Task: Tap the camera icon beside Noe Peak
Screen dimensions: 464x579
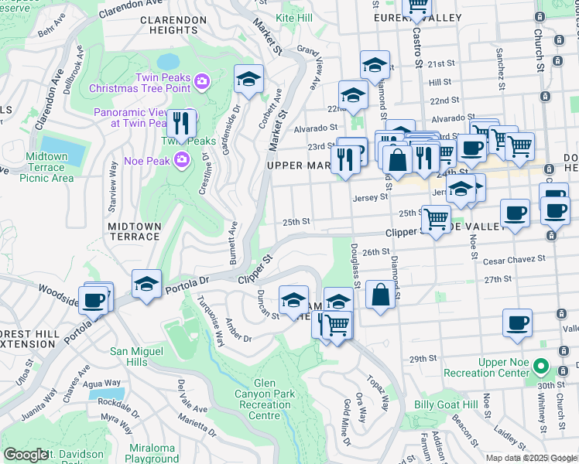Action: [182, 160]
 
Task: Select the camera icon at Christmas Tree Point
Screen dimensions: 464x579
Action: [202, 81]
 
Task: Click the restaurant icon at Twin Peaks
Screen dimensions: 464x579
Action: [180, 125]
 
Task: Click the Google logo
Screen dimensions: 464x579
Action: [26, 455]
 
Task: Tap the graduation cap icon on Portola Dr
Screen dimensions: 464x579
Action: [146, 284]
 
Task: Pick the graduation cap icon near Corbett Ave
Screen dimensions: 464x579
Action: [248, 79]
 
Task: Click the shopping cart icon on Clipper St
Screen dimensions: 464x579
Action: [436, 220]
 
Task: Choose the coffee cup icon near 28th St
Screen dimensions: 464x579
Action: [517, 322]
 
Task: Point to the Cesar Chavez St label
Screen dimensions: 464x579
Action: [514, 261]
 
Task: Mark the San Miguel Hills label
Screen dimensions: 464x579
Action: [139, 357]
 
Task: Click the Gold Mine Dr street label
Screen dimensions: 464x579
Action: [346, 421]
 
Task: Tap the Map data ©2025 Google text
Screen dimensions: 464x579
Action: [529, 457]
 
